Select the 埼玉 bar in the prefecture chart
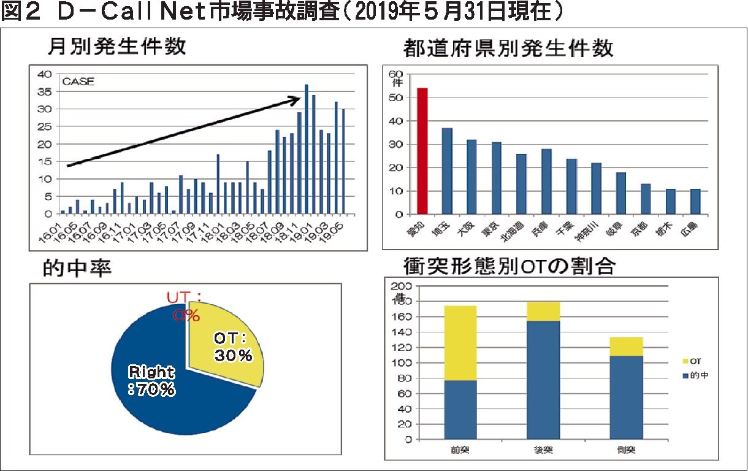click(x=447, y=171)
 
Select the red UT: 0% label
click(x=186, y=306)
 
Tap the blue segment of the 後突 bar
click(x=543, y=380)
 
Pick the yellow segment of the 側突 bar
click(x=625, y=347)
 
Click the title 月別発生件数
click(x=116, y=47)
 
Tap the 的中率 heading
click(x=77, y=268)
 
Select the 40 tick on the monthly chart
click(x=45, y=74)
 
